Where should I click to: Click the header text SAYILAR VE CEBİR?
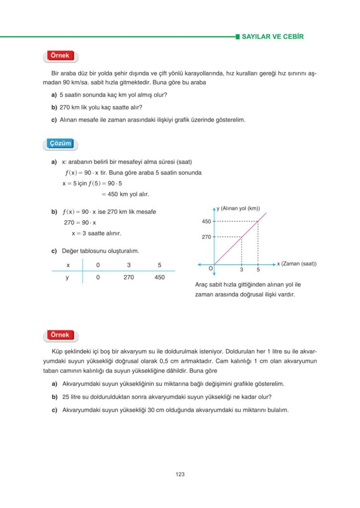pos(272,37)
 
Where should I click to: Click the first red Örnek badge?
pos(60,56)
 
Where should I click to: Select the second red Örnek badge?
pos(60,335)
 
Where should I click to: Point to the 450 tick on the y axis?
pos(207,221)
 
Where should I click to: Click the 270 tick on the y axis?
pos(207,237)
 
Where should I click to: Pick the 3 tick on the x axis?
pos(241,270)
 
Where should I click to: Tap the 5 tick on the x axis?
pos(258,270)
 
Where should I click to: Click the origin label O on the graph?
pos(211,268)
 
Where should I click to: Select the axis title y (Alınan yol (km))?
pos(238,208)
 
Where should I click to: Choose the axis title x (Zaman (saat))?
pos(296,264)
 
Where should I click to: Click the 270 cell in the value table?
pos(129,278)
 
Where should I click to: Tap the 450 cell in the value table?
pos(159,278)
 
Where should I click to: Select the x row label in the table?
pos(68,265)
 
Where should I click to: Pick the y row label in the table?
pos(68,278)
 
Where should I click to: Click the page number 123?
pos(180,475)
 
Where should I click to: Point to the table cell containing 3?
pos(129,265)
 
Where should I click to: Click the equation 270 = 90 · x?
pos(80,223)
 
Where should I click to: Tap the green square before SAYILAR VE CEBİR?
pos(237,37)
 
